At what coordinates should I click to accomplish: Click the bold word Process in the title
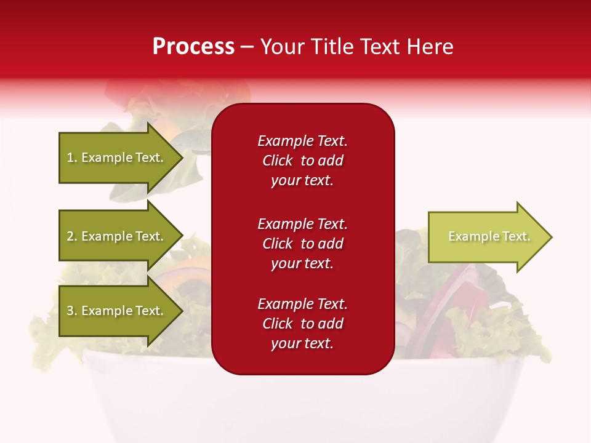coord(193,47)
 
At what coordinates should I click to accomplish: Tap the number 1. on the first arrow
coord(72,158)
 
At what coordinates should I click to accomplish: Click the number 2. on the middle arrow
coord(72,236)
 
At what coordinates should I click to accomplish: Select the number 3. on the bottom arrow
coord(72,311)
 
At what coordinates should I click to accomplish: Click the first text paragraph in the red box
coord(302,161)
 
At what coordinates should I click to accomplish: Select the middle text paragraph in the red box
coord(302,244)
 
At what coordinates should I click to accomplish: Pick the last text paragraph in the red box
coord(302,324)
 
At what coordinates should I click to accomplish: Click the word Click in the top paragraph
coord(278,161)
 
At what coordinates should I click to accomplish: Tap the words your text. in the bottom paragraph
coord(302,344)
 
